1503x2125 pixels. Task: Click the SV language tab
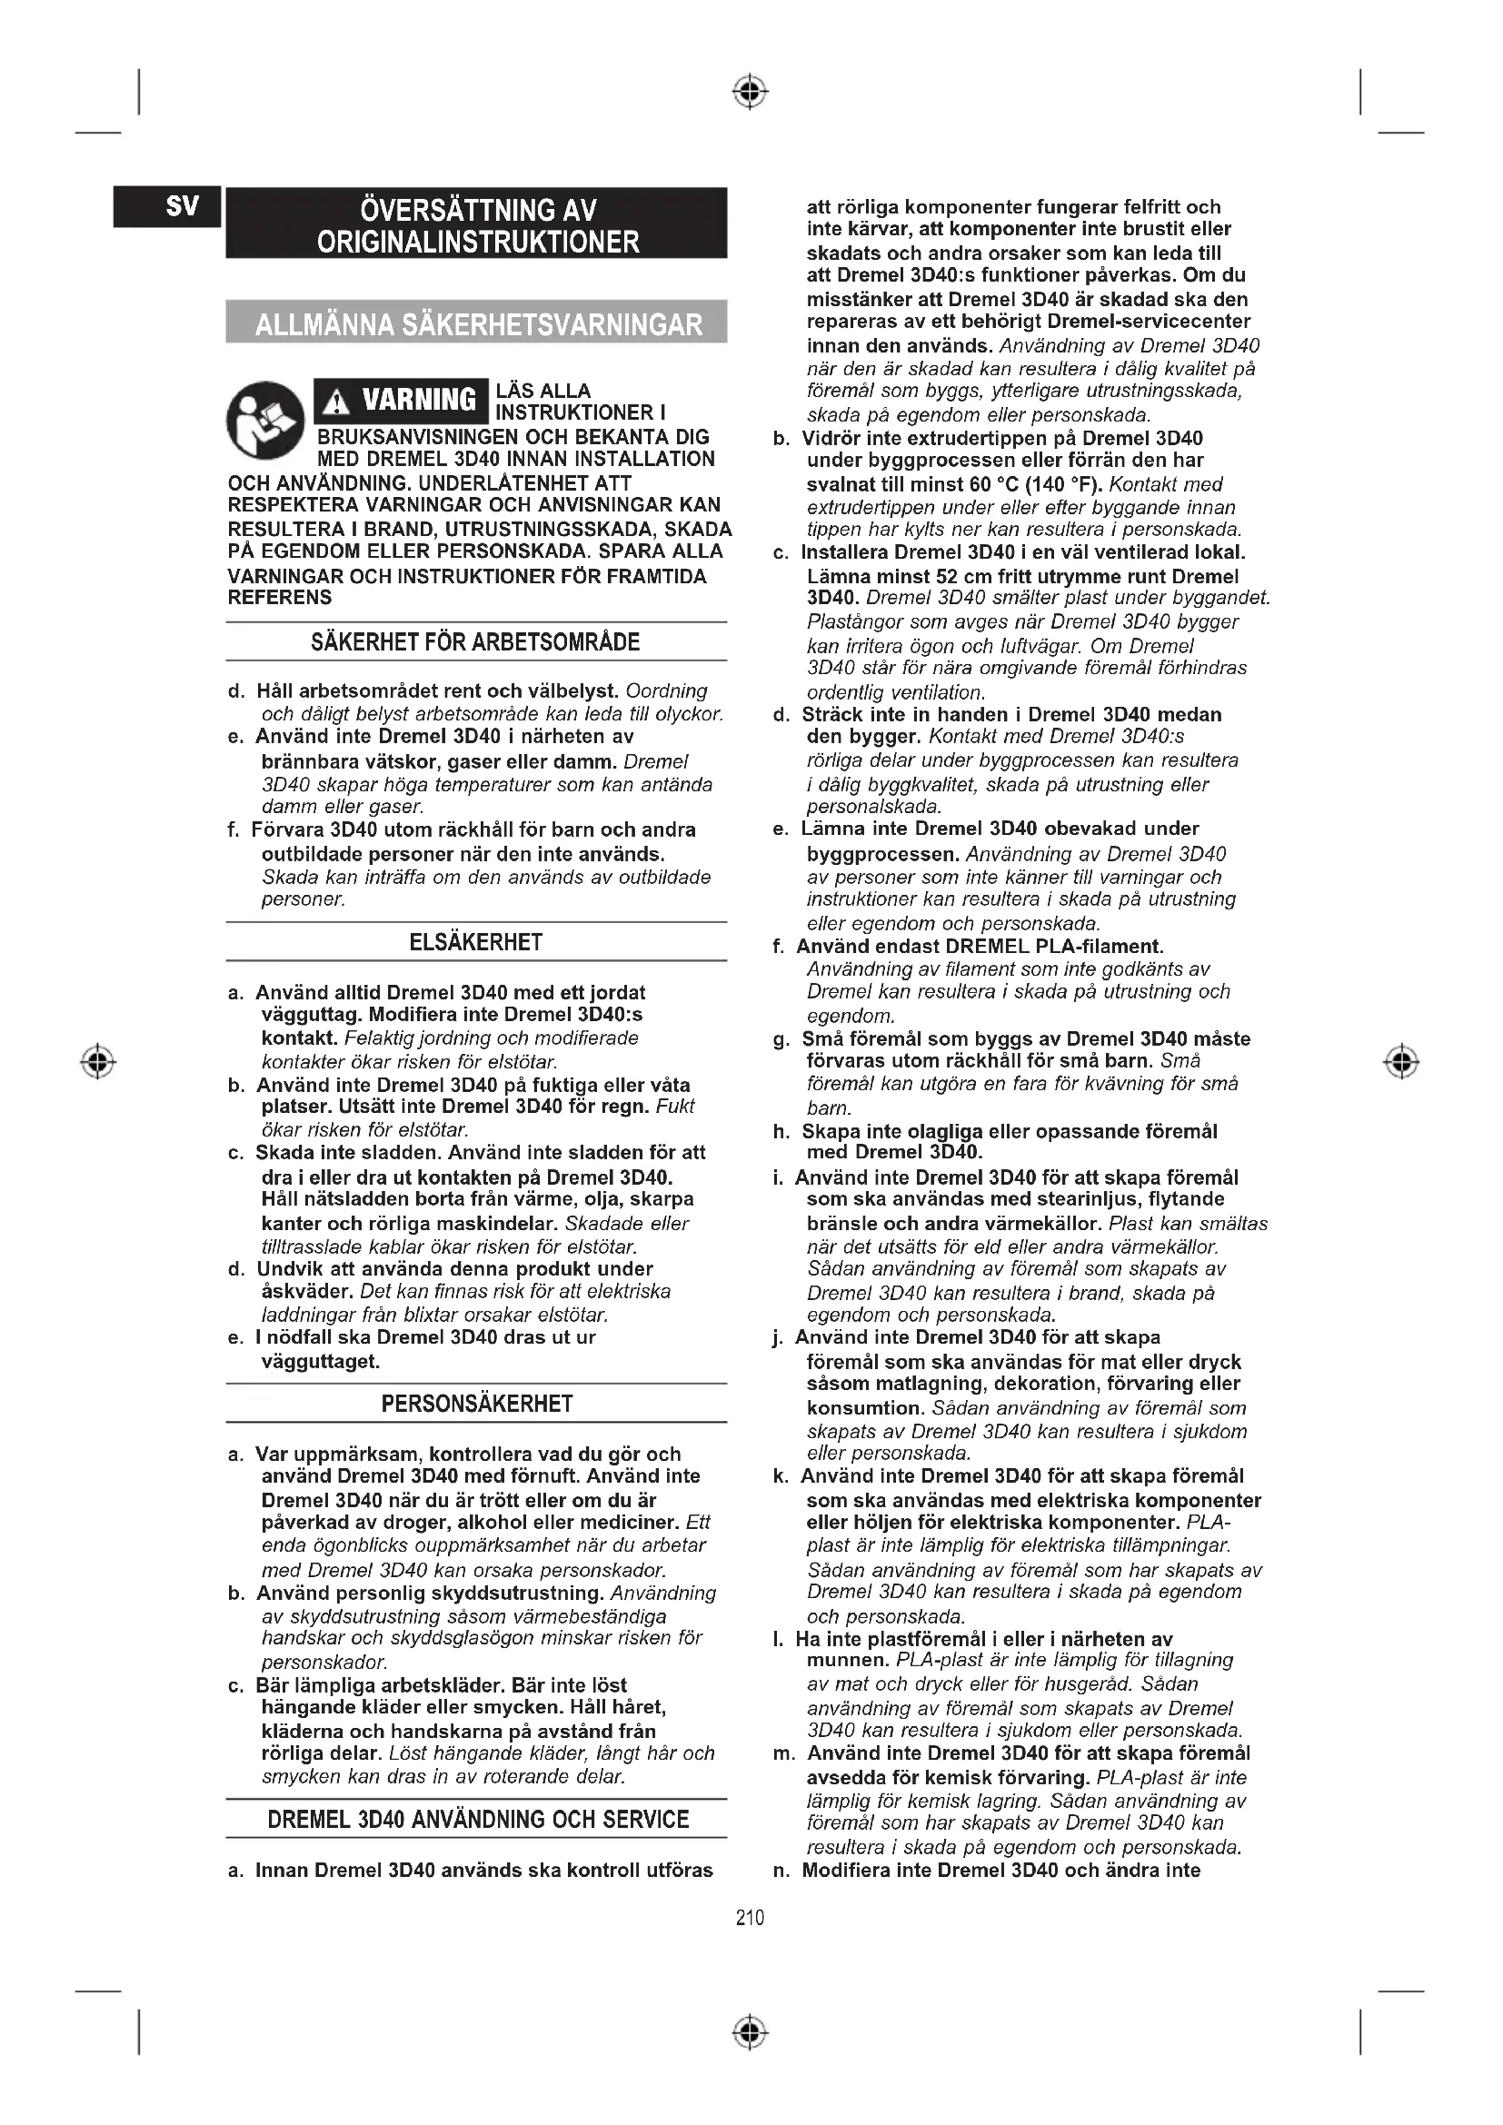click(166, 206)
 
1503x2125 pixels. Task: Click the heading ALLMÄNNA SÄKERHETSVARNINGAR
click(477, 323)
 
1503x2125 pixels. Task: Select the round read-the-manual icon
click(265, 422)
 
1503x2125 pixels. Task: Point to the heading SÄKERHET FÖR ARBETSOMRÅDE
click(475, 642)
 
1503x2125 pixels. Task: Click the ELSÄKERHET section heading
click(475, 942)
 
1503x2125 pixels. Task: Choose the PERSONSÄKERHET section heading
click(475, 1404)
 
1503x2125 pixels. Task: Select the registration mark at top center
click(751, 92)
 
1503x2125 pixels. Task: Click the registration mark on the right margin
click(1402, 1061)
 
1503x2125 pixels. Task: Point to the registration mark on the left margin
click(98, 1061)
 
